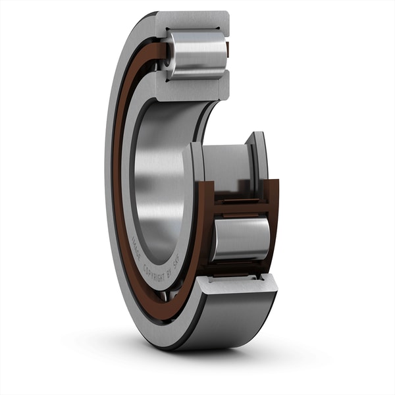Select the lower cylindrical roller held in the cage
(x=240, y=238)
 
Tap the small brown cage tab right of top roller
(x=228, y=49)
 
